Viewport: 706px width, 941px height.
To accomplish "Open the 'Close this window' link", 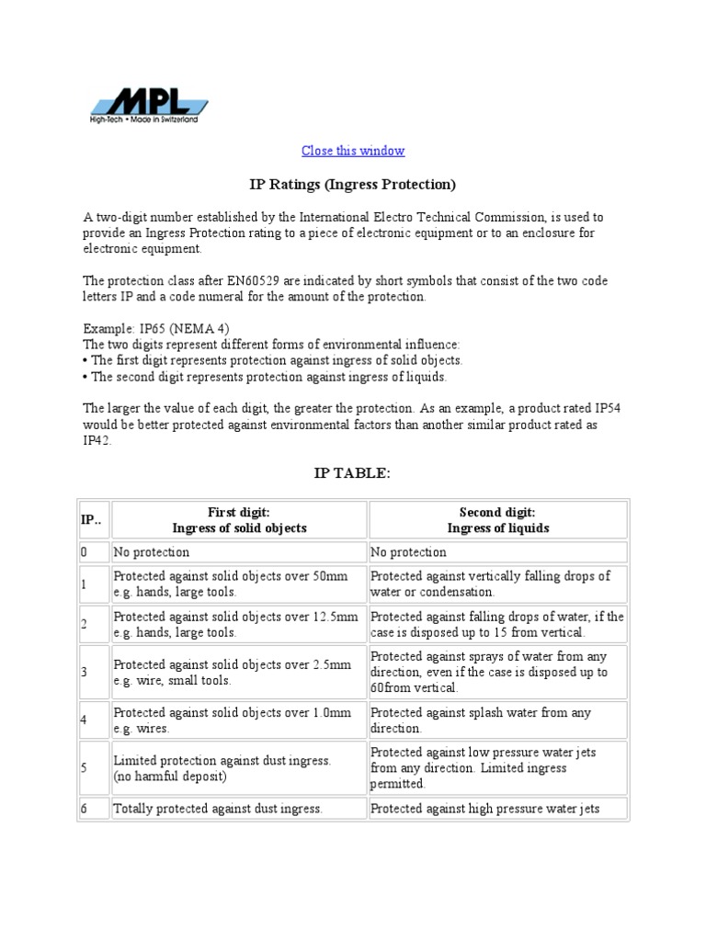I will point(353,151).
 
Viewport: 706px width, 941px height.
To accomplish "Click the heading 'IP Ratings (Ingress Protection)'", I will point(353,185).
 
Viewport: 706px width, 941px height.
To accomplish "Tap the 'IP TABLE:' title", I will point(353,473).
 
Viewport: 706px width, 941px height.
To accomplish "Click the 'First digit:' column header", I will point(239,513).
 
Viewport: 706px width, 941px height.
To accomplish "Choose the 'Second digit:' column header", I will point(497,513).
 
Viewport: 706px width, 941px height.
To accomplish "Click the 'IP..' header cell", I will point(92,520).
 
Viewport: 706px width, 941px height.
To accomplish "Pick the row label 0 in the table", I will point(85,552).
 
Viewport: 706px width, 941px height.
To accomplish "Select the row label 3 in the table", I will point(85,672).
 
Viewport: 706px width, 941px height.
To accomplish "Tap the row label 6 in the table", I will point(85,809).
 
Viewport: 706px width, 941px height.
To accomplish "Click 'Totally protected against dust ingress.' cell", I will point(218,809).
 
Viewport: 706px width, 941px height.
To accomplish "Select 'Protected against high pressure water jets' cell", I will point(484,809).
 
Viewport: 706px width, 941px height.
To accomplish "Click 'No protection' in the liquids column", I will point(408,552).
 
